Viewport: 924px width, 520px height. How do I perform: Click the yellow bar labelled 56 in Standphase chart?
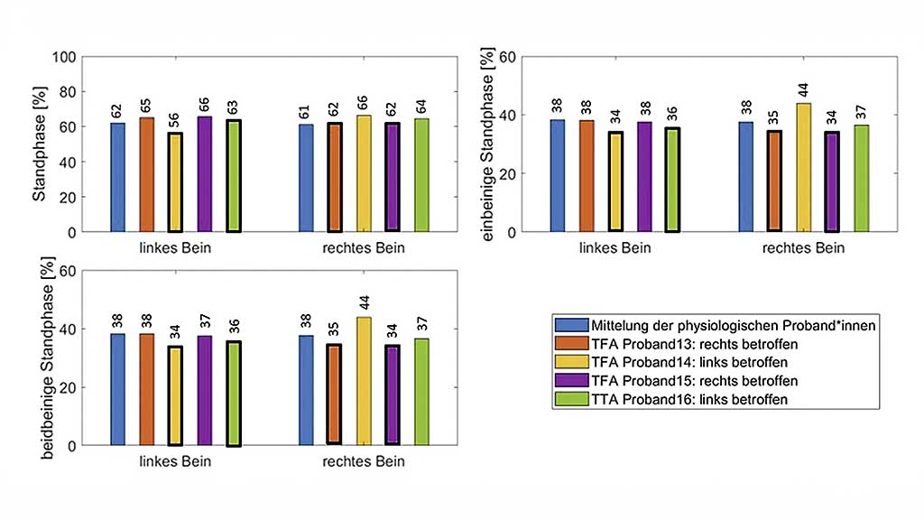(x=175, y=182)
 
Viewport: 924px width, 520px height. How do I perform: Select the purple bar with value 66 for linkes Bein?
(x=205, y=174)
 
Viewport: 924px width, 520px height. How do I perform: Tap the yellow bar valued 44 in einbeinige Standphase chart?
(x=803, y=167)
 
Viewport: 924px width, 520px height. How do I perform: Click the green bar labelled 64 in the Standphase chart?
(x=421, y=175)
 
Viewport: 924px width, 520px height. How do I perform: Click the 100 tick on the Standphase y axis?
(x=63, y=57)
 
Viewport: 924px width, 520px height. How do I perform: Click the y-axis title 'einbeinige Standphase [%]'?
(x=488, y=144)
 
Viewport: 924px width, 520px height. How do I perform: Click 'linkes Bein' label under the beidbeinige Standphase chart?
(x=176, y=462)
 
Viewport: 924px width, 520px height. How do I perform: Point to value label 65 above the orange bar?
(x=146, y=107)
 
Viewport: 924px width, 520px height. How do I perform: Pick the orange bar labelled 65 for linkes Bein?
(x=146, y=174)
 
